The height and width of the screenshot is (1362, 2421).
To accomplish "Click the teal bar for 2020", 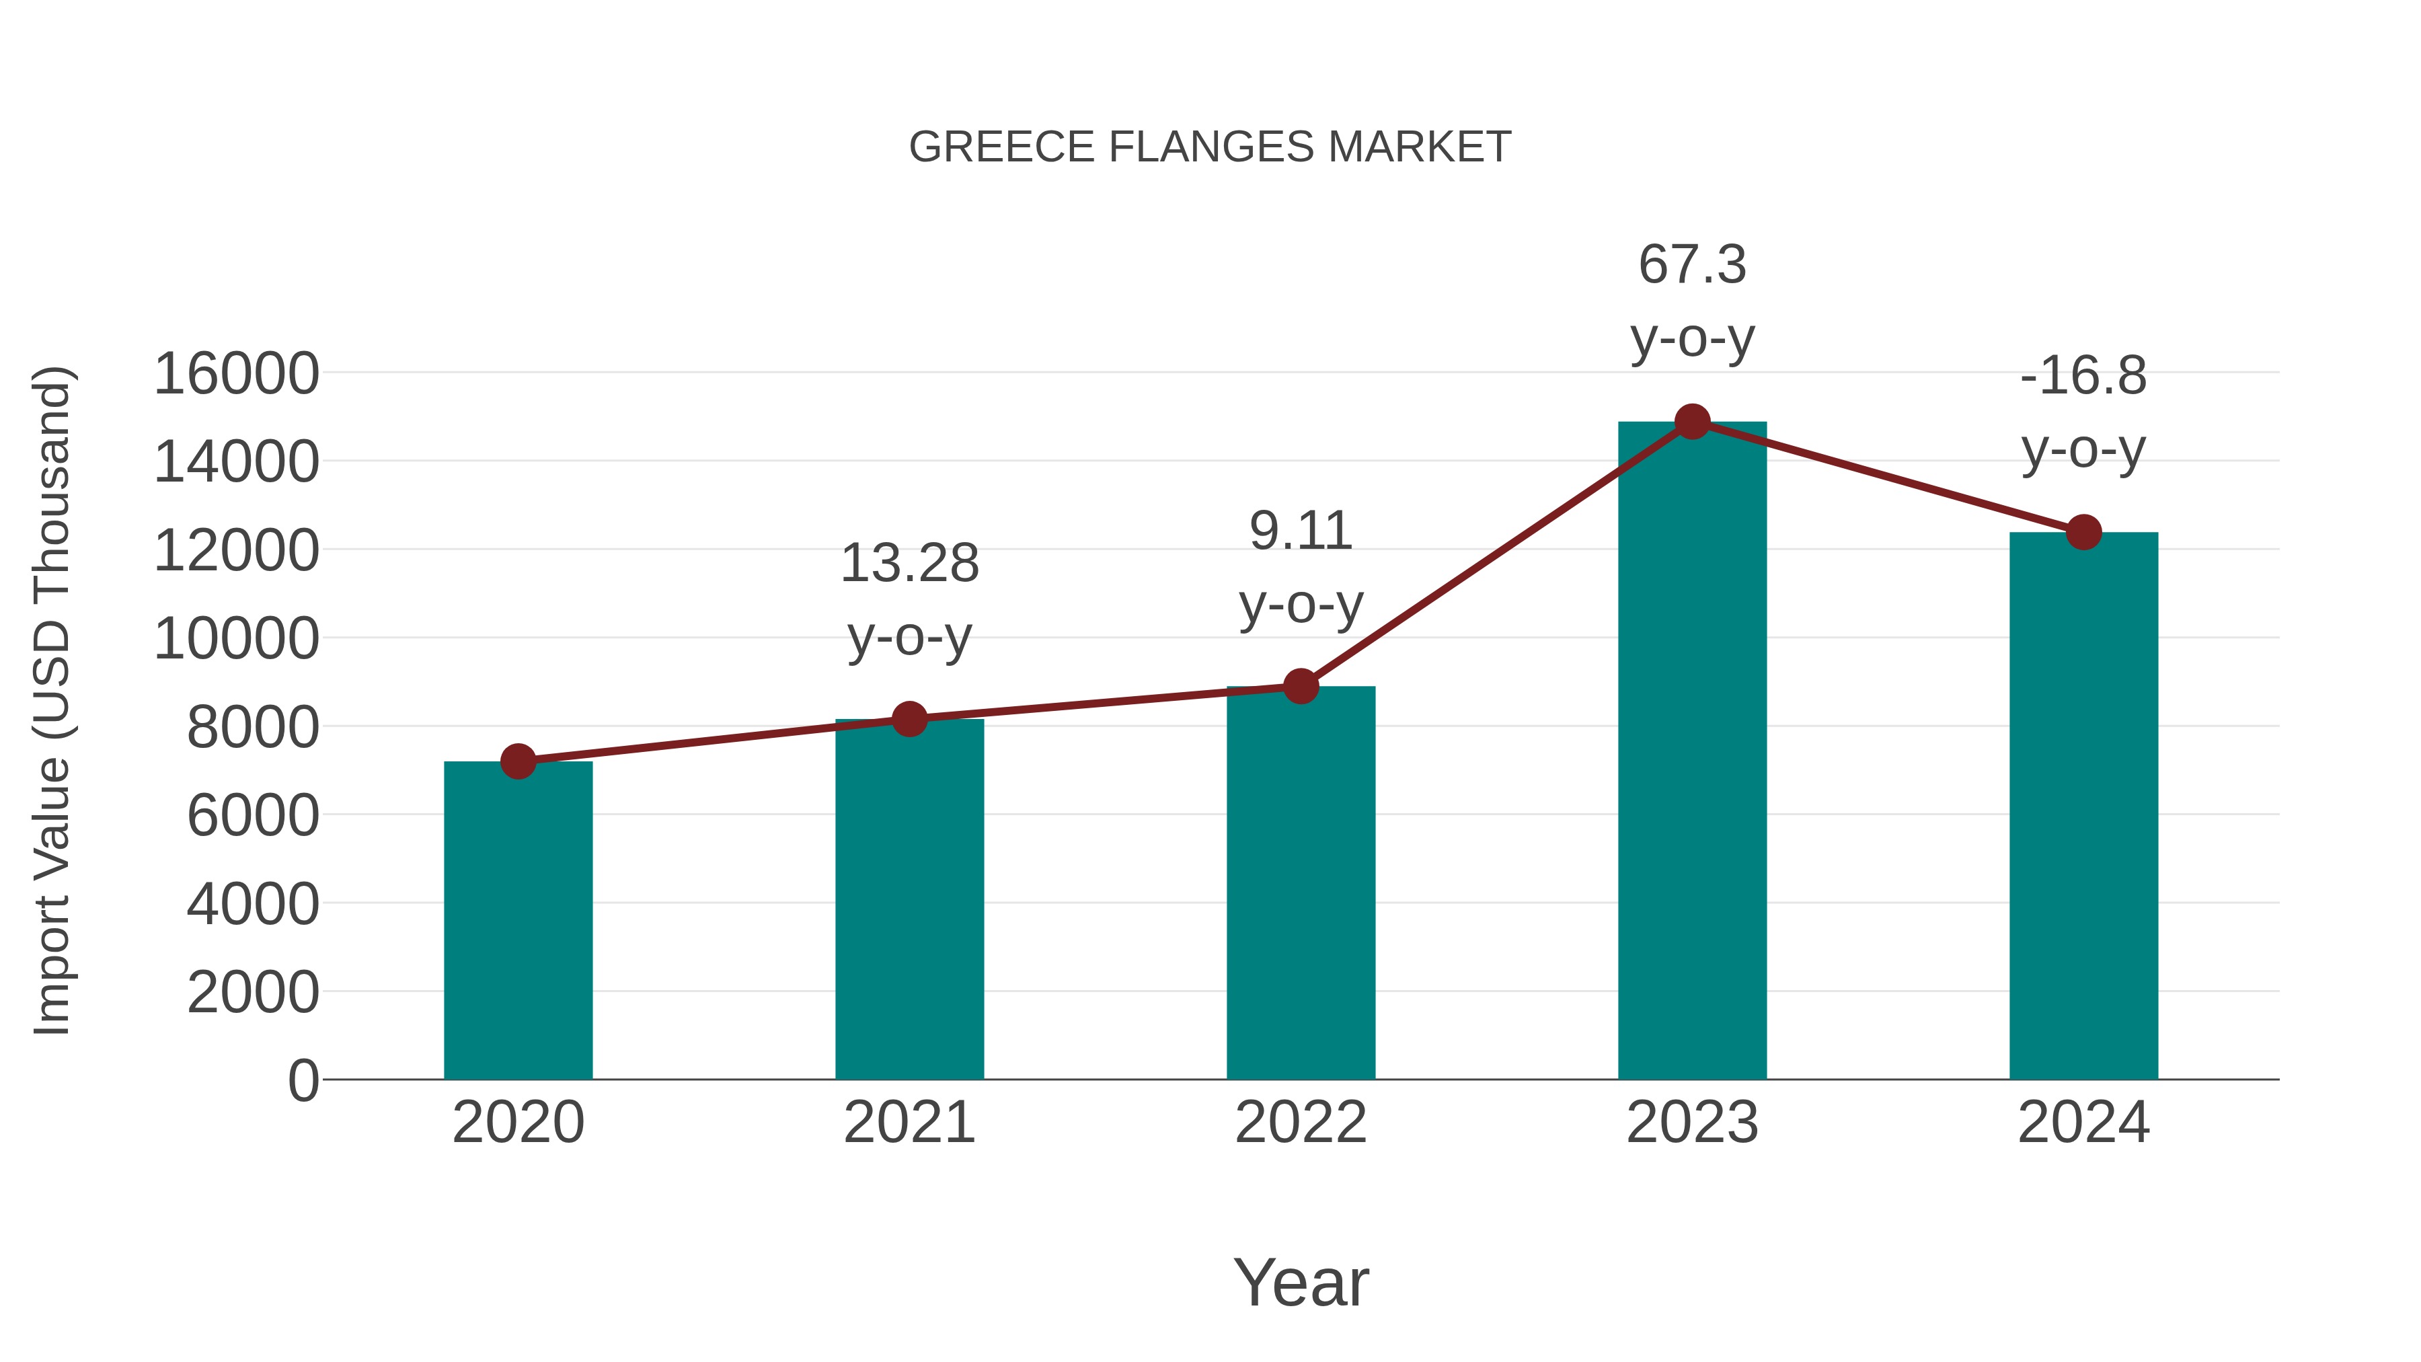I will [518, 921].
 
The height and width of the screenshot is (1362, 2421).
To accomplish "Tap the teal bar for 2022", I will [1301, 884].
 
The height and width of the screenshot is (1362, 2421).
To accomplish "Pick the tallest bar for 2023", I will [1692, 752].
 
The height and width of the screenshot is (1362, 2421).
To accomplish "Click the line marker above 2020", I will [518, 761].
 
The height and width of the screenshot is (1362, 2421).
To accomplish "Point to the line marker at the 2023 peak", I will [1692, 422].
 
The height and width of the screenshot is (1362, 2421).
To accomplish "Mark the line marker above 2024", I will [2083, 532].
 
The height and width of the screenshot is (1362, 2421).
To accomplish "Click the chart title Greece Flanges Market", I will [1210, 147].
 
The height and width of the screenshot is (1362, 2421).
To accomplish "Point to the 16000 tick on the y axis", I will [236, 373].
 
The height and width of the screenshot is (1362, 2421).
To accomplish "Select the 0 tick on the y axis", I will [303, 1080].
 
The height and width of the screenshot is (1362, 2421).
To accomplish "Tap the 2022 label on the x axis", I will [1301, 1123].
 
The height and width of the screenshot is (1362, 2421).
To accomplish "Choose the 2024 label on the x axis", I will [2083, 1123].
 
